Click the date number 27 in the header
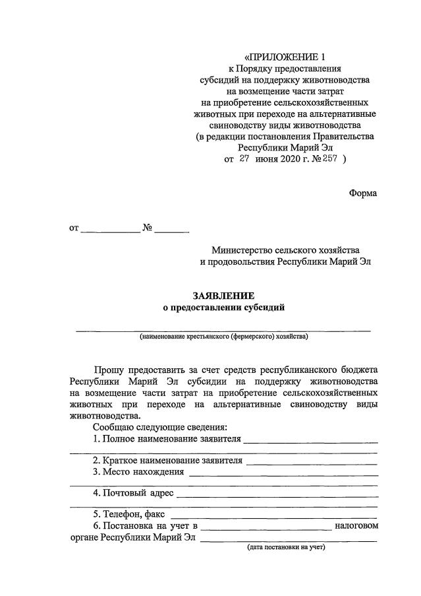click(244, 158)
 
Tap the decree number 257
click(329, 158)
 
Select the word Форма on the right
click(363, 193)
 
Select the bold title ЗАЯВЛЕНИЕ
click(223, 296)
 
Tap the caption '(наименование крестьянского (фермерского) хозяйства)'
click(223, 336)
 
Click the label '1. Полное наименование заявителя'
click(167, 439)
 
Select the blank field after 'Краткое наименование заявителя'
click(312, 461)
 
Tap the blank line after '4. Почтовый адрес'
click(277, 493)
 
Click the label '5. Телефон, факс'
click(130, 514)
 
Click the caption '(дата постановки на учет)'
click(286, 547)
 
